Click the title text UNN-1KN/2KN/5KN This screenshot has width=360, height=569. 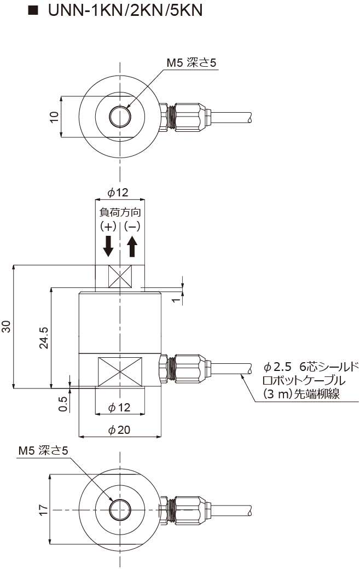click(x=125, y=11)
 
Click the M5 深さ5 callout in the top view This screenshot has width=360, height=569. click(x=192, y=63)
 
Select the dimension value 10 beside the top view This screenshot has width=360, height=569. click(x=54, y=117)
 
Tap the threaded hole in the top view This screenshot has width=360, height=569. click(x=120, y=117)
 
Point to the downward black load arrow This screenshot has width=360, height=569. click(x=108, y=246)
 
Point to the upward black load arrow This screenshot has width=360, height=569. click(x=132, y=246)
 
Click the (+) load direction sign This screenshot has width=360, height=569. click(x=108, y=226)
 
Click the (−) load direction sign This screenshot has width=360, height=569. click(x=132, y=226)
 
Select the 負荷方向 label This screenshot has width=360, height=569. click(x=120, y=212)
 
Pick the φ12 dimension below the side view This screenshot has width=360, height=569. click(x=119, y=407)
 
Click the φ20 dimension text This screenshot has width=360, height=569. click(x=119, y=430)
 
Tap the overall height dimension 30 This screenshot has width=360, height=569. click(x=7, y=327)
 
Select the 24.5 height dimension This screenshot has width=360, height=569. click(x=44, y=338)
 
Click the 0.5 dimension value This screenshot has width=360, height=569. click(x=63, y=403)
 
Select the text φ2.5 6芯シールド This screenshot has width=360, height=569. click(x=310, y=367)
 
